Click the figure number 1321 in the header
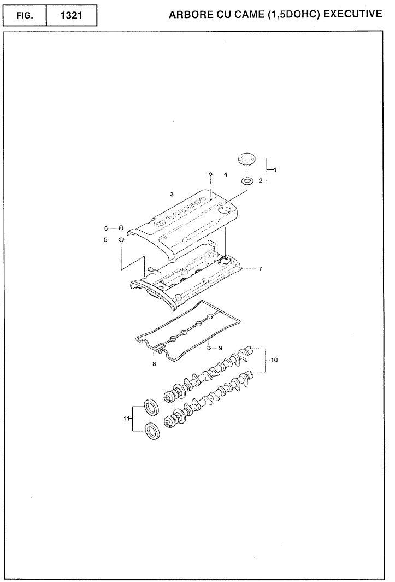71,16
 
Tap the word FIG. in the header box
25,16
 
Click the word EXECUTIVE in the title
352,14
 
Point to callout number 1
275,169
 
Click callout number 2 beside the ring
261,180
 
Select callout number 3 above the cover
172,194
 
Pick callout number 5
106,239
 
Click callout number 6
106,228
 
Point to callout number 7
260,269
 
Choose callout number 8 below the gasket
154,365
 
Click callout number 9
221,348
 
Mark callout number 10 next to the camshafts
274,360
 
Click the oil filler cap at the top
247,160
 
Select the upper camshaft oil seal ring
152,408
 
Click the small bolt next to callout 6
122,227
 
